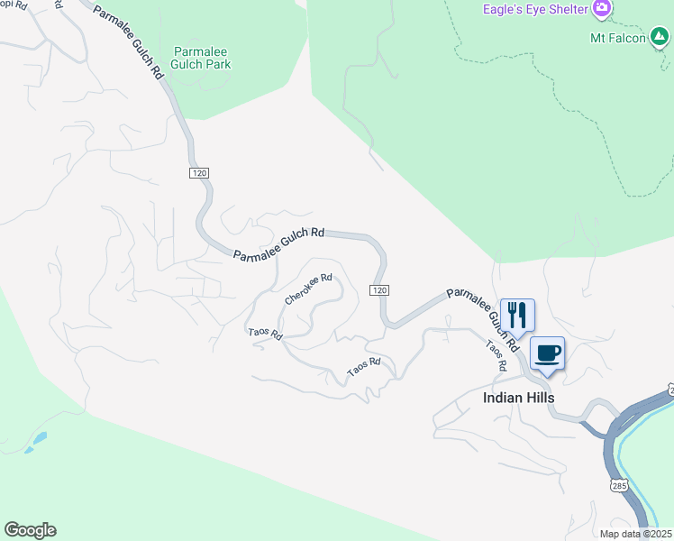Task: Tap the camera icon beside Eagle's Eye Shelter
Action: (602, 9)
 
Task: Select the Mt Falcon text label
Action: (617, 38)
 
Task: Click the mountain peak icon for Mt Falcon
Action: (660, 37)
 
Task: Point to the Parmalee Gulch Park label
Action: (203, 58)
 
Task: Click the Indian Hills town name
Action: (518, 398)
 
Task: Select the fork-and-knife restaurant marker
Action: (517, 316)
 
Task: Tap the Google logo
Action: (30, 530)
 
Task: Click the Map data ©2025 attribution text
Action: (635, 534)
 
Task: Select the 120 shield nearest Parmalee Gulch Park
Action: (199, 172)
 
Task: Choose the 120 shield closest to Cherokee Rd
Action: (379, 289)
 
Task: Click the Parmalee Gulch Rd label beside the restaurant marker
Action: (483, 319)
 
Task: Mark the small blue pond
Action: (36, 441)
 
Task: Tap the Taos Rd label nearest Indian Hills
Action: (496, 355)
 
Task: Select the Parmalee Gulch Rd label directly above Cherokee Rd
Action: (278, 244)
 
